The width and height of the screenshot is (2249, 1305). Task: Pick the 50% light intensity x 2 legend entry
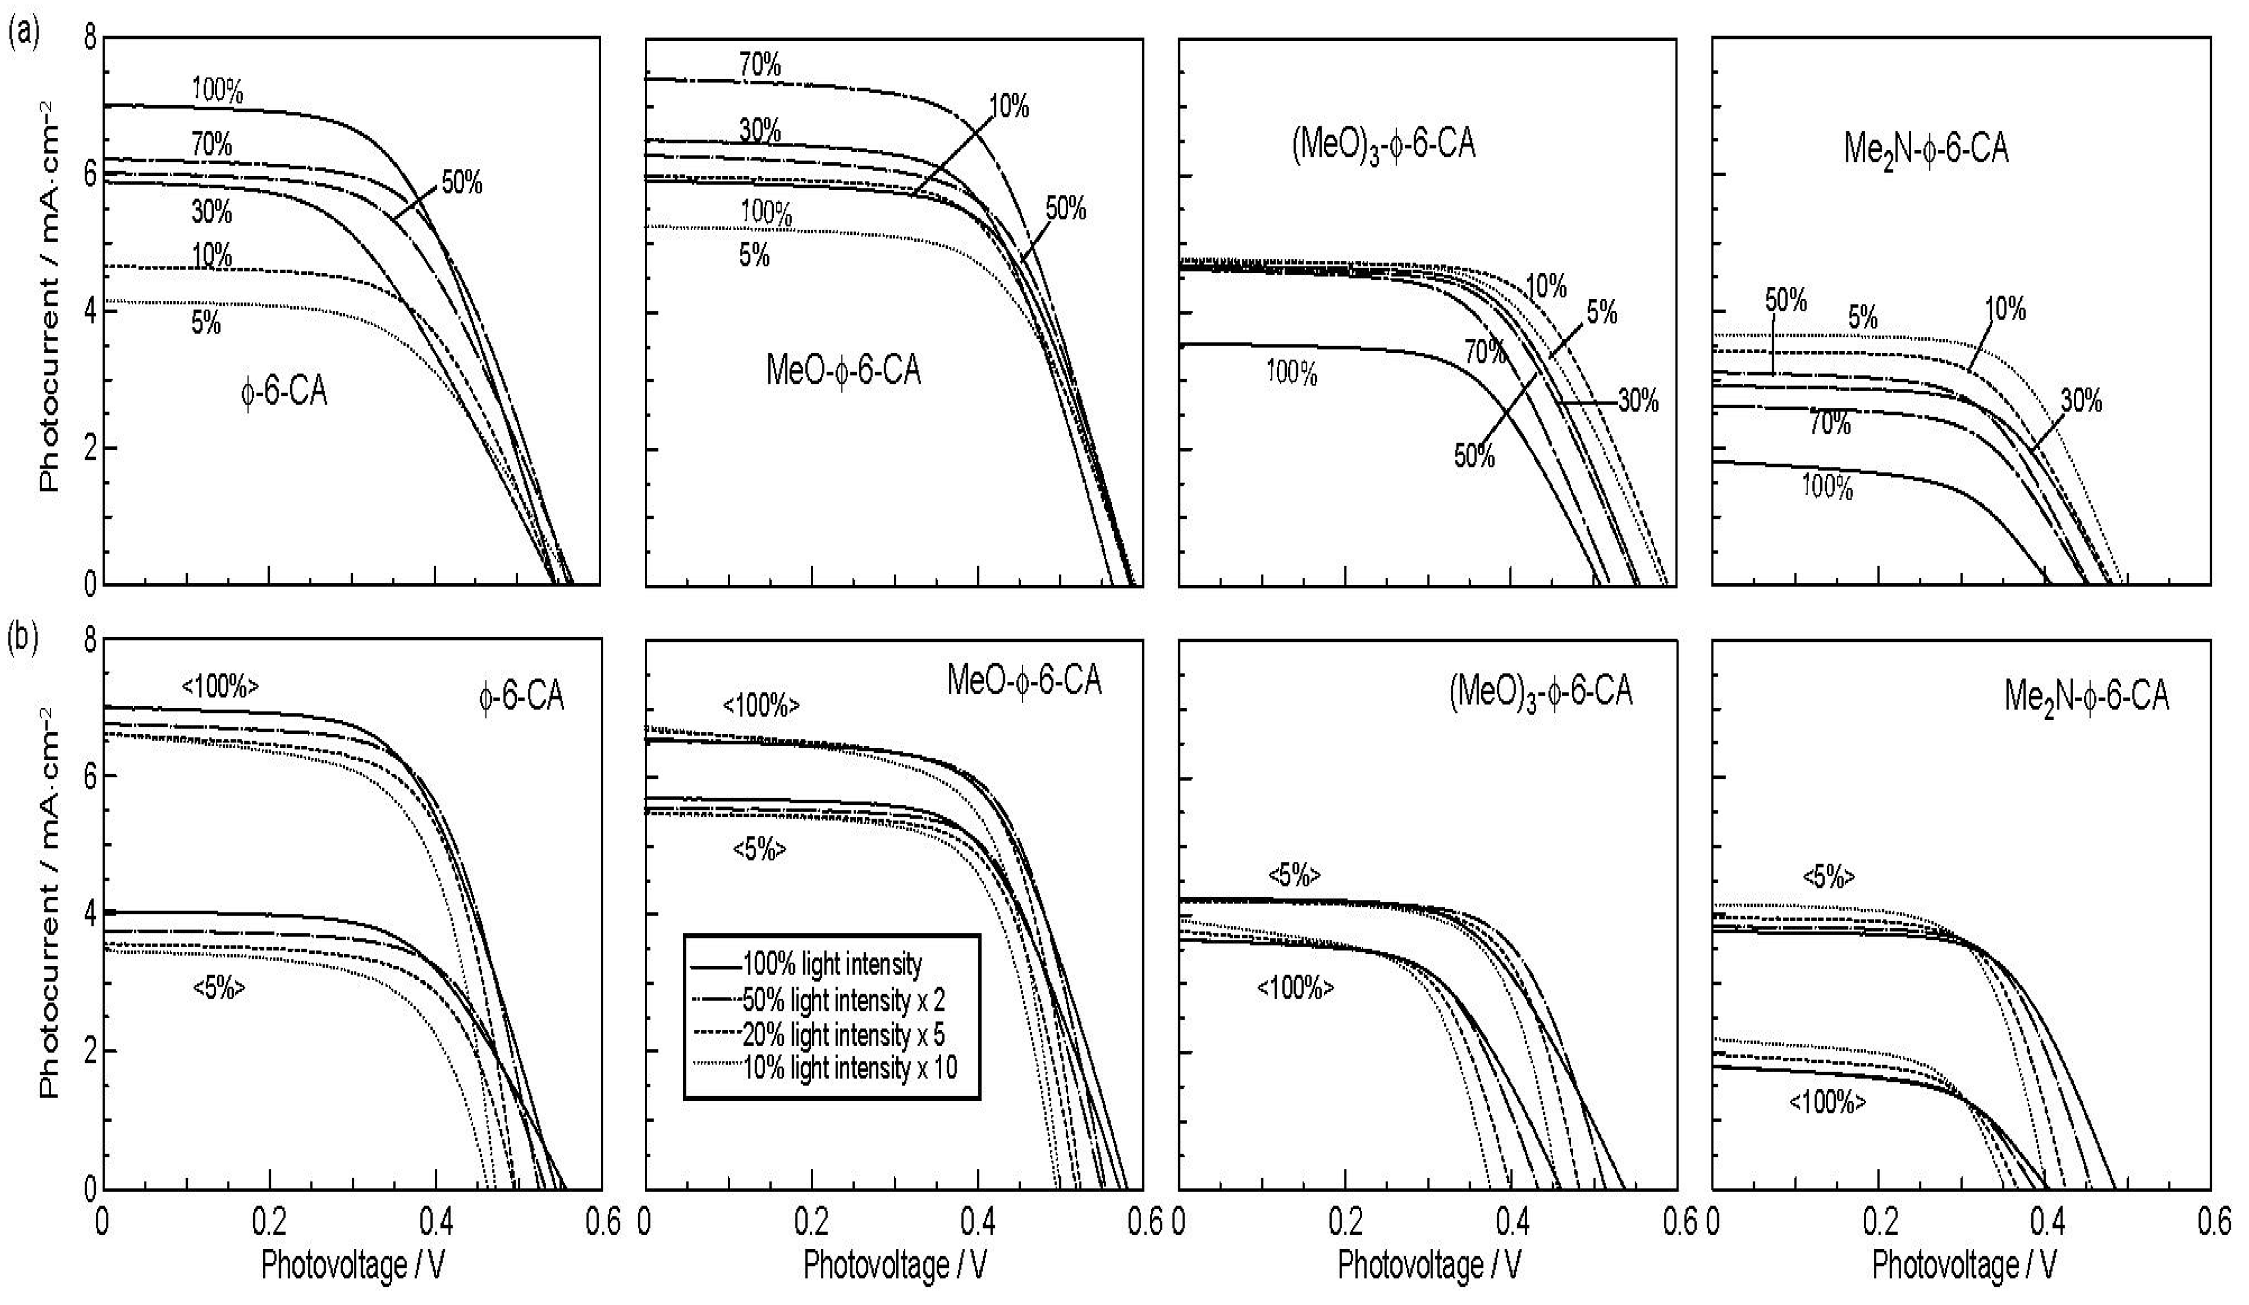pyautogui.click(x=843, y=1000)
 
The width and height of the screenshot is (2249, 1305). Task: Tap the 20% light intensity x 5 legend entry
pyautogui.click(x=843, y=1035)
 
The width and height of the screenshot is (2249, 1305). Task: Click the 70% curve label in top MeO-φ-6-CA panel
pyautogui.click(x=761, y=65)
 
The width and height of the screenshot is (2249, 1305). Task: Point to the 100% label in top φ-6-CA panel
pyautogui.click(x=217, y=90)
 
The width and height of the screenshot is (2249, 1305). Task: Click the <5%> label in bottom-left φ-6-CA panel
pyautogui.click(x=219, y=989)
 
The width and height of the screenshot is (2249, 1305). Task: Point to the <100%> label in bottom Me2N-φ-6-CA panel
pyautogui.click(x=1827, y=1103)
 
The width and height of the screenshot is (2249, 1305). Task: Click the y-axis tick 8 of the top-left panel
pyautogui.click(x=89, y=39)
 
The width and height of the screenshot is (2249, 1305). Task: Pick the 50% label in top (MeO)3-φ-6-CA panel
pyautogui.click(x=1475, y=456)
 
